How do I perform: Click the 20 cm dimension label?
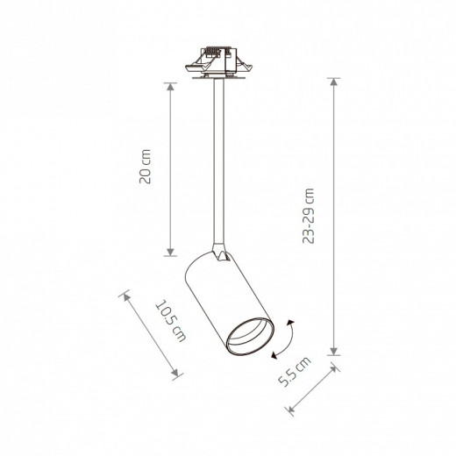coord(145,167)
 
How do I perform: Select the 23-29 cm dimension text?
coord(308,216)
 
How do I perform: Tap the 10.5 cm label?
coord(171,321)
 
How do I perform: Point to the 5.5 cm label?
coord(295,373)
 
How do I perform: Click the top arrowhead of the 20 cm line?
coord(170,87)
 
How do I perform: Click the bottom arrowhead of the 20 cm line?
coord(170,253)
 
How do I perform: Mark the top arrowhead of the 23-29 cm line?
coord(334,82)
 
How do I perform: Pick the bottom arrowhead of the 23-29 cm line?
coord(334,352)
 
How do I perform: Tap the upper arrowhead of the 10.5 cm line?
coord(126,297)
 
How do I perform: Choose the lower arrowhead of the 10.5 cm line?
coord(175,374)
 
